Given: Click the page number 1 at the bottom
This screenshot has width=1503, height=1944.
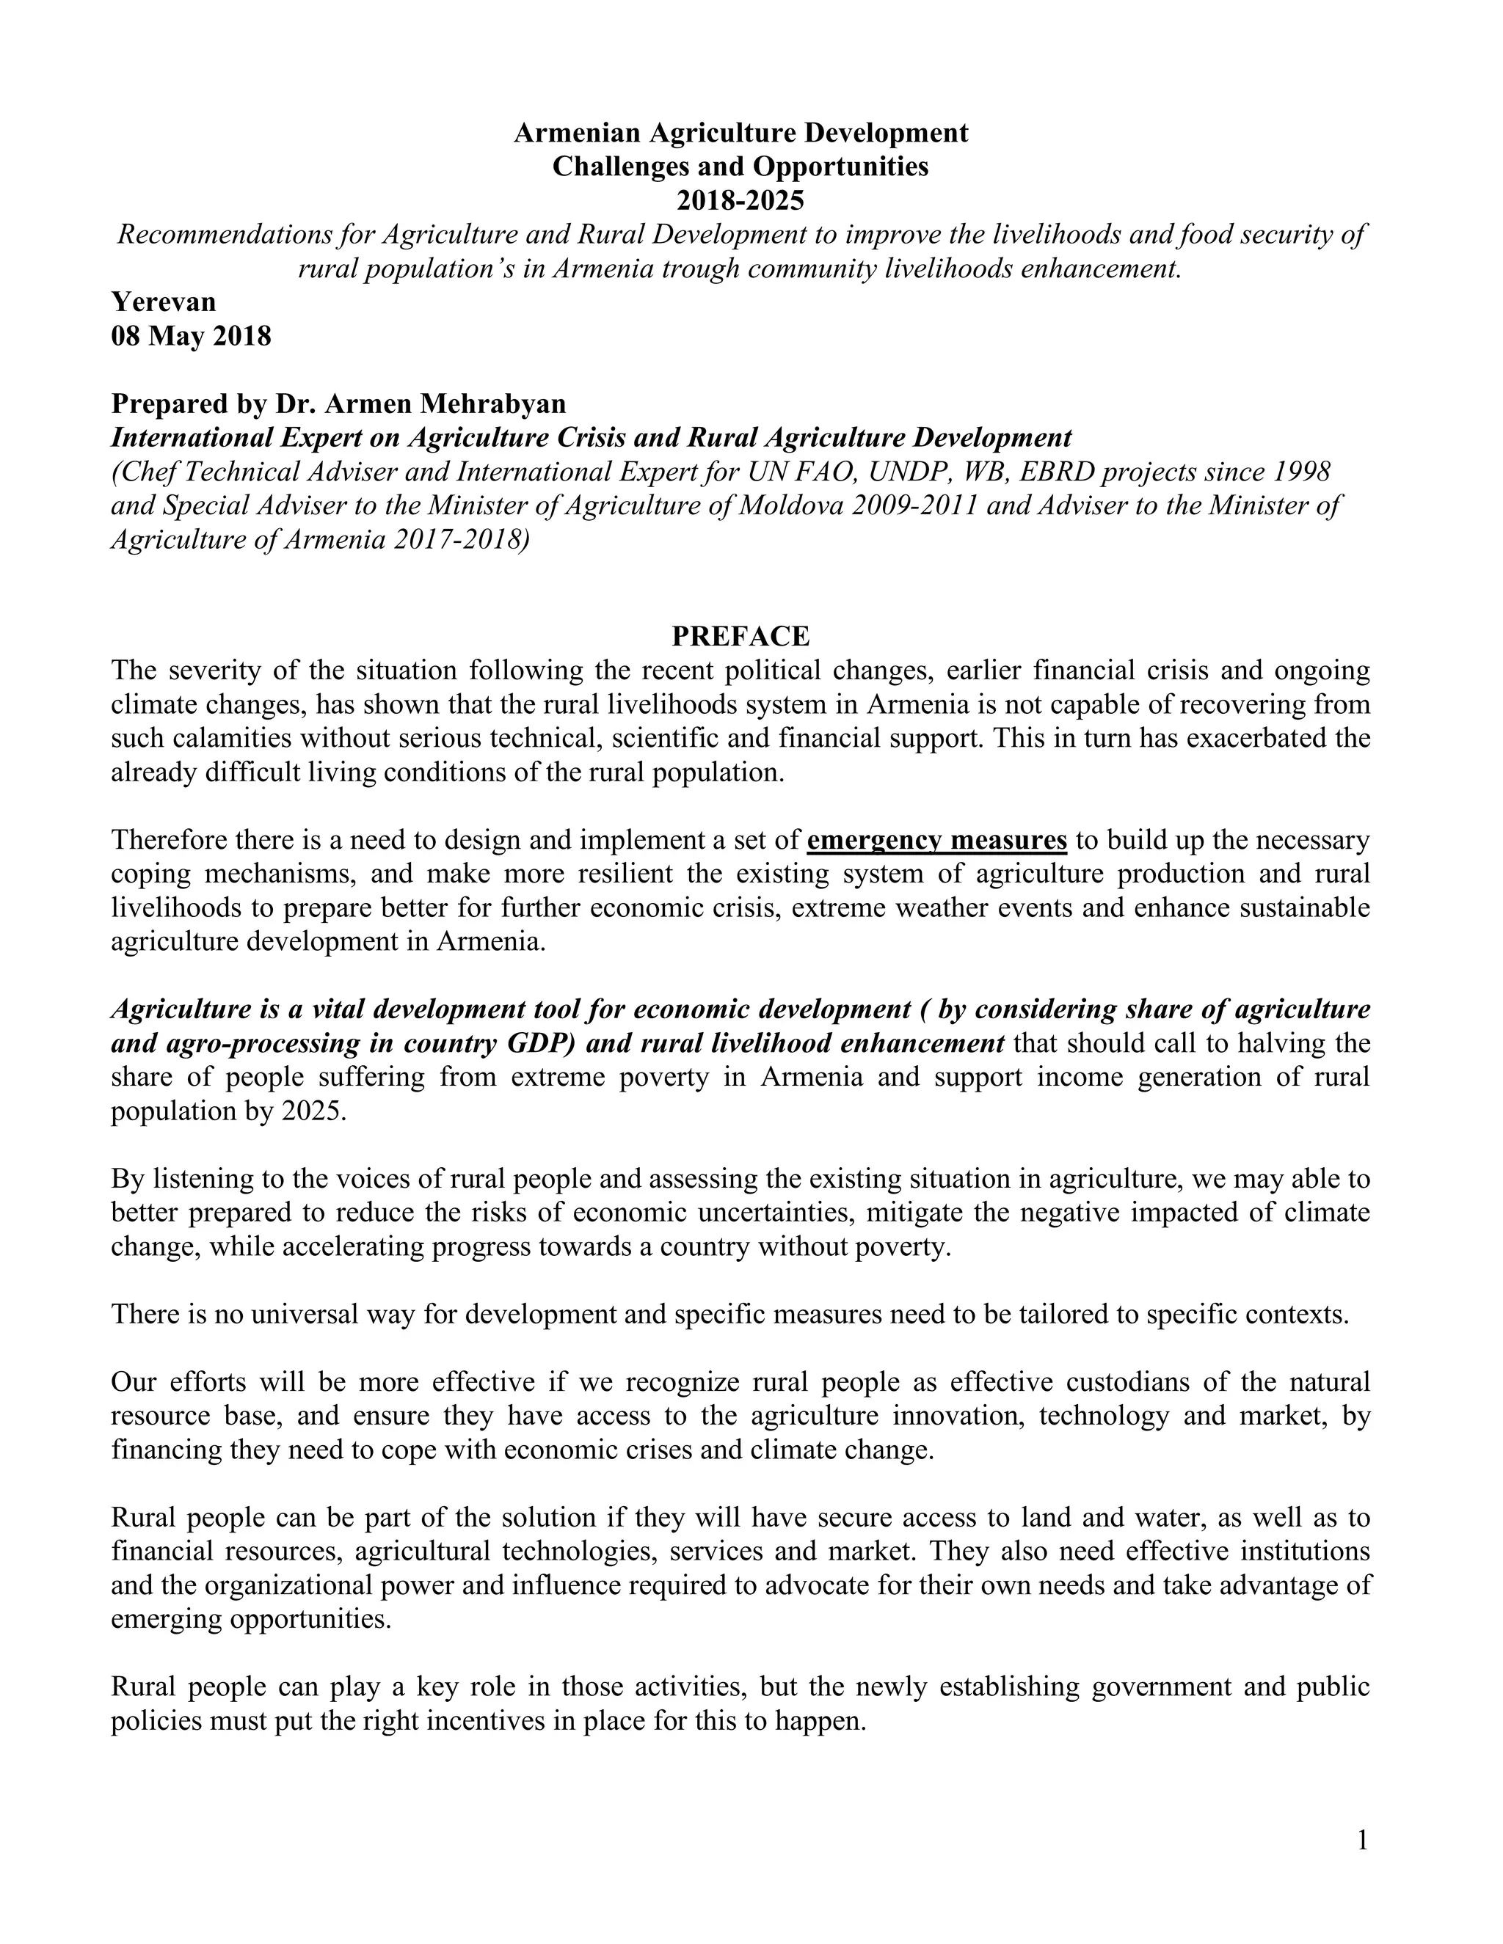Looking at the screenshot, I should (1362, 1840).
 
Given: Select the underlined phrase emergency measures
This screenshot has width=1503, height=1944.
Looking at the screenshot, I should (936, 839).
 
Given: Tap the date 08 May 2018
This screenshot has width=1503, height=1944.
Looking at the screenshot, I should (191, 337).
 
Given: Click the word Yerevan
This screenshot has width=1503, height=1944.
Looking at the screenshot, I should (164, 302).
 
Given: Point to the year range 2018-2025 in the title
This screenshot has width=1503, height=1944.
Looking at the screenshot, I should (740, 200).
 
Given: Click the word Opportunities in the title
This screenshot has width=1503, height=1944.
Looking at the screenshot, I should (840, 167).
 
